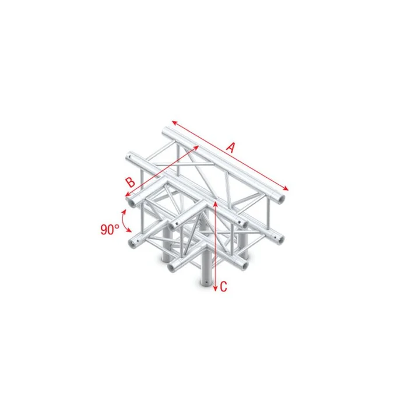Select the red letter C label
224,286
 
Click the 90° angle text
110,229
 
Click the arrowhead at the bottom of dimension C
216,289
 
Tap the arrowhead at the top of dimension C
216,202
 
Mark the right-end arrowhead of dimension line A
286,188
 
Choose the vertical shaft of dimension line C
216,245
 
